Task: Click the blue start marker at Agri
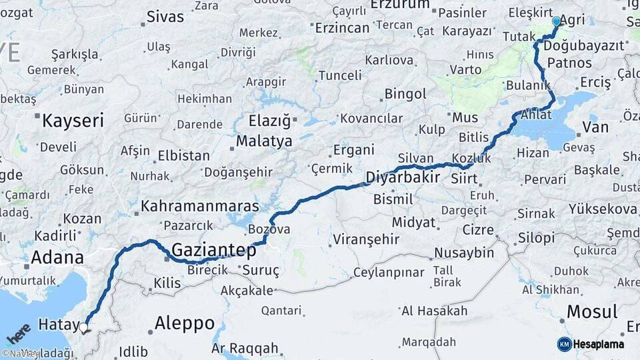click(x=557, y=21)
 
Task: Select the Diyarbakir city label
click(x=403, y=178)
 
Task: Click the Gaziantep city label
click(x=214, y=251)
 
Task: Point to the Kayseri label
click(x=73, y=121)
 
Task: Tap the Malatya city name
click(x=265, y=141)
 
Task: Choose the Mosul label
click(x=592, y=311)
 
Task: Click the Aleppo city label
click(x=185, y=324)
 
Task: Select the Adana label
click(x=57, y=257)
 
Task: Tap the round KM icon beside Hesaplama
click(x=565, y=344)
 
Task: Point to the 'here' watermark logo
click(x=18, y=333)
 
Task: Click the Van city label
click(x=595, y=127)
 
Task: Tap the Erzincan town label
click(x=342, y=28)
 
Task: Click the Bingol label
click(x=405, y=93)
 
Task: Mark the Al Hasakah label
click(x=435, y=311)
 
